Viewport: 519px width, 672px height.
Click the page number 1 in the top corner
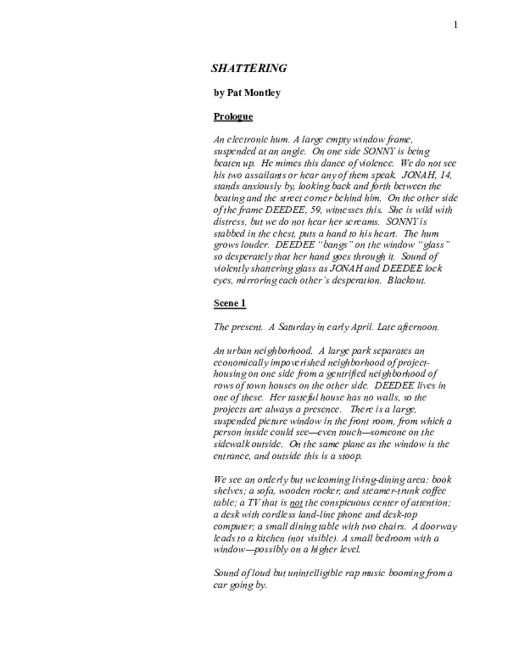point(455,25)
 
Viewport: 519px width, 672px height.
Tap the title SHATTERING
point(249,68)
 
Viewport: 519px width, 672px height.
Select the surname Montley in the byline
point(262,93)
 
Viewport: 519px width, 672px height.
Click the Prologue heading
point(233,117)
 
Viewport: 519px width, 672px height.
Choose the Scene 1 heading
point(230,303)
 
